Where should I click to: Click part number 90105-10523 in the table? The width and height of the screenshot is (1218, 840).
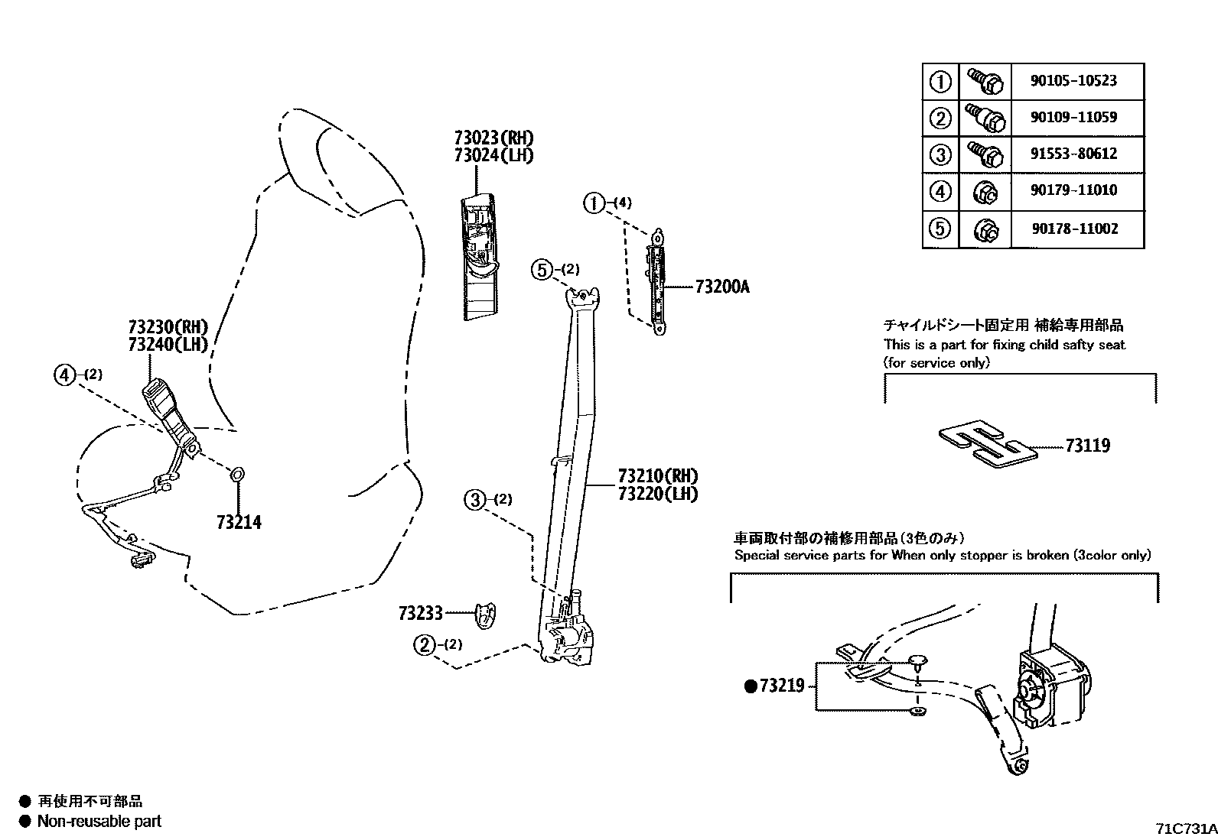1073,81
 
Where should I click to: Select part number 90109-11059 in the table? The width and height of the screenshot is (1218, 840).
1073,118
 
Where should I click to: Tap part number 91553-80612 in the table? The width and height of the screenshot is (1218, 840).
1073,154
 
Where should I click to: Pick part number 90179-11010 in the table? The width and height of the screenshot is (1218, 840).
1073,190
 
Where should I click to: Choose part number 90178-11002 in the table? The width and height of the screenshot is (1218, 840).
1073,229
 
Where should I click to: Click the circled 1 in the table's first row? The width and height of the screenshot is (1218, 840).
940,81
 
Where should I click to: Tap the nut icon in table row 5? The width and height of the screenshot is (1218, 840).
985,229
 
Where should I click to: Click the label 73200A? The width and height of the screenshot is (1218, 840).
722,288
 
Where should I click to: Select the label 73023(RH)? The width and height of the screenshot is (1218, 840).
493,138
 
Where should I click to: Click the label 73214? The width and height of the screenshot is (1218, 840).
239,523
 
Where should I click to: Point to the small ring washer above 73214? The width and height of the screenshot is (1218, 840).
237,476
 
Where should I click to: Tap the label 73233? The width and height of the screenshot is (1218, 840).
420,613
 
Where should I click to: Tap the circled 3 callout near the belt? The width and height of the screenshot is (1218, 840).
475,500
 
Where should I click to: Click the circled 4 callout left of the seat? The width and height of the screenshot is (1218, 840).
66,375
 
